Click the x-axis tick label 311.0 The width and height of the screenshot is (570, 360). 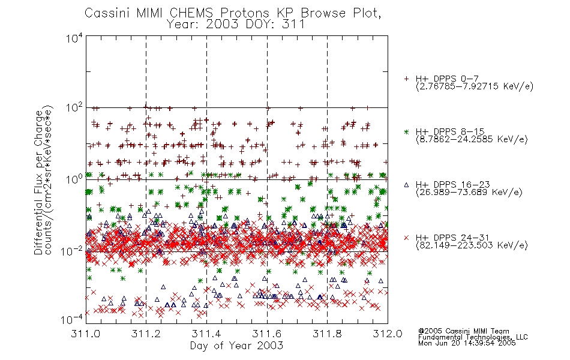[85, 334]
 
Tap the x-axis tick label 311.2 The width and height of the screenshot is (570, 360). [146, 334]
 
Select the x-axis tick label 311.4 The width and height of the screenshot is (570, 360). [206, 334]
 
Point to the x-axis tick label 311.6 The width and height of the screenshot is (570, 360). [266, 334]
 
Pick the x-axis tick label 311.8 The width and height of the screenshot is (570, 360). [327, 334]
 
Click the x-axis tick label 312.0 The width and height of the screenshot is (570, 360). [388, 334]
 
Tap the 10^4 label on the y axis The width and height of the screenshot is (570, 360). [74, 38]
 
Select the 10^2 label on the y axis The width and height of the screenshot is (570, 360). [74, 108]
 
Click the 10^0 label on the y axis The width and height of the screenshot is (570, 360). [74, 179]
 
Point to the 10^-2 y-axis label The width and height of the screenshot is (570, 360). [74, 251]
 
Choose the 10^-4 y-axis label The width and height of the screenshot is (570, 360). [74, 319]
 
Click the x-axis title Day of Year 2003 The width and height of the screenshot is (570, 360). [236, 346]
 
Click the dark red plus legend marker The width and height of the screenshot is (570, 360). [406, 79]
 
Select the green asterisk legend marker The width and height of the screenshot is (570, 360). [406, 132]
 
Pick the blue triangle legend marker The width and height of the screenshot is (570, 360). [406, 185]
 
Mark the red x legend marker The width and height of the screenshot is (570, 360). [406, 238]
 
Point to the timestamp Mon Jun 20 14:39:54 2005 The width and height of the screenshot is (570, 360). [467, 343]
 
